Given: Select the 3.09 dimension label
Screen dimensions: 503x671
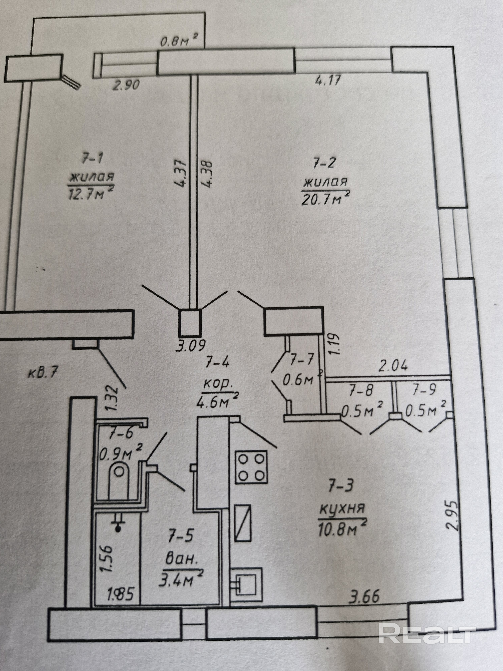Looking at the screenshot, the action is point(191,345).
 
